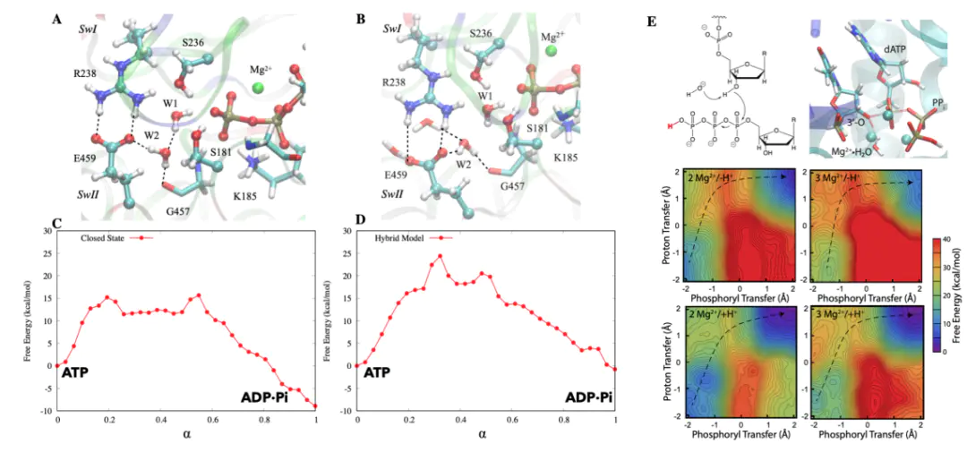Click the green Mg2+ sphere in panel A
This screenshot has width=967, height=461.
259,88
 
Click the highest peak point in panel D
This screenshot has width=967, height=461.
440,256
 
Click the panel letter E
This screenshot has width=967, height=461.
662,20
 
